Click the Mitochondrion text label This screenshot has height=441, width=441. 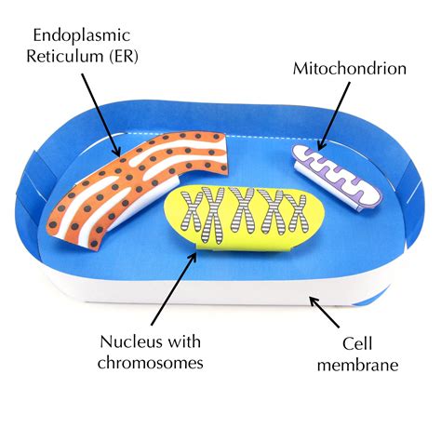click(351, 68)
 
